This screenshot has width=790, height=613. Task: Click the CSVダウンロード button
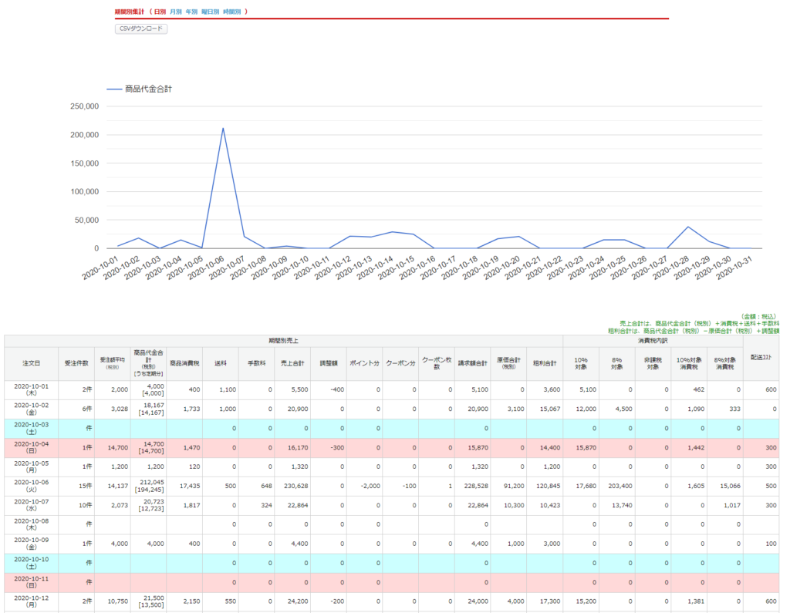point(141,29)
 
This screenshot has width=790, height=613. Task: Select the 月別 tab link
point(175,12)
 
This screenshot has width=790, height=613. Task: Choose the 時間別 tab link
point(231,12)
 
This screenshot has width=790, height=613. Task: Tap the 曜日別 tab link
point(210,12)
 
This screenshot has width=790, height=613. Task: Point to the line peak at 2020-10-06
point(223,129)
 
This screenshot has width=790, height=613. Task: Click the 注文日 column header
point(31,362)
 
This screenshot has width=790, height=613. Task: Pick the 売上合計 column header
point(292,362)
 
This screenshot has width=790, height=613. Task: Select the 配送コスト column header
point(761,362)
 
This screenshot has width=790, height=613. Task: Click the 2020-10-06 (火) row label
point(31,487)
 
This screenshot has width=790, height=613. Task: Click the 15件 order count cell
point(76,487)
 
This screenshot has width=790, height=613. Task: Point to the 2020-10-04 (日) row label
point(31,448)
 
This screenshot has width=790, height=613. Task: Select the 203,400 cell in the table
point(613,487)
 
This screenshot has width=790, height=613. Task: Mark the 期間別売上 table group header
point(284,339)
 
